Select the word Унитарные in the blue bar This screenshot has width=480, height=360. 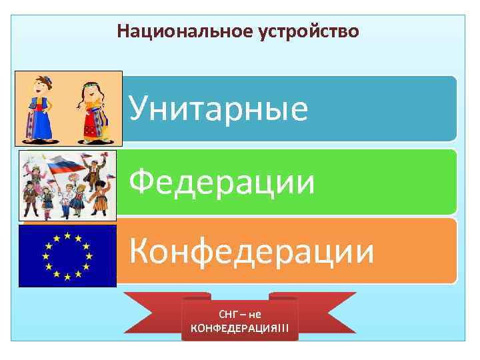coord(218,109)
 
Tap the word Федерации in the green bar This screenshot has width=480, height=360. coord(221,181)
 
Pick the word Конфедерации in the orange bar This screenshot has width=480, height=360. coord(251,252)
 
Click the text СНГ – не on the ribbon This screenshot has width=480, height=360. coord(239,314)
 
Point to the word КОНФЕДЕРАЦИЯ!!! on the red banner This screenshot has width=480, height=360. coord(240,327)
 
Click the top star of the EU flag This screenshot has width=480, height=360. coord(67,235)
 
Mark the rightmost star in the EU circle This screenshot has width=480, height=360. coord(87,255)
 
